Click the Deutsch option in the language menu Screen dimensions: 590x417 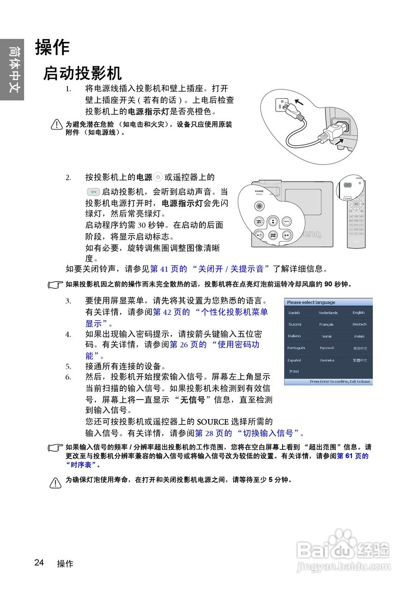359,324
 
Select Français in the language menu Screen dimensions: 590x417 326,324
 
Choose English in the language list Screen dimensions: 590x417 358,313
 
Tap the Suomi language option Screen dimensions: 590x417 295,324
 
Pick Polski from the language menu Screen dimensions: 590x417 359,336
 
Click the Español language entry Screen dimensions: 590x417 294,360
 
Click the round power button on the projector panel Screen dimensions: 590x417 260,206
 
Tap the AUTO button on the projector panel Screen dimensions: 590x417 287,222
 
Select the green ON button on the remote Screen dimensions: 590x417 348,185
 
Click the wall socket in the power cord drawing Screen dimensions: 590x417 281,105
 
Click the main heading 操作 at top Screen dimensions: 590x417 52,47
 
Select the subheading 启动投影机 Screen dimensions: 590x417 82,73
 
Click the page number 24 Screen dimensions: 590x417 39,562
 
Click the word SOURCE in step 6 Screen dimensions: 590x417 213,421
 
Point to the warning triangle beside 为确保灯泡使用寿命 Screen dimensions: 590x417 55,482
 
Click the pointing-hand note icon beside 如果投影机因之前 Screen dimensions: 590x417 55,285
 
